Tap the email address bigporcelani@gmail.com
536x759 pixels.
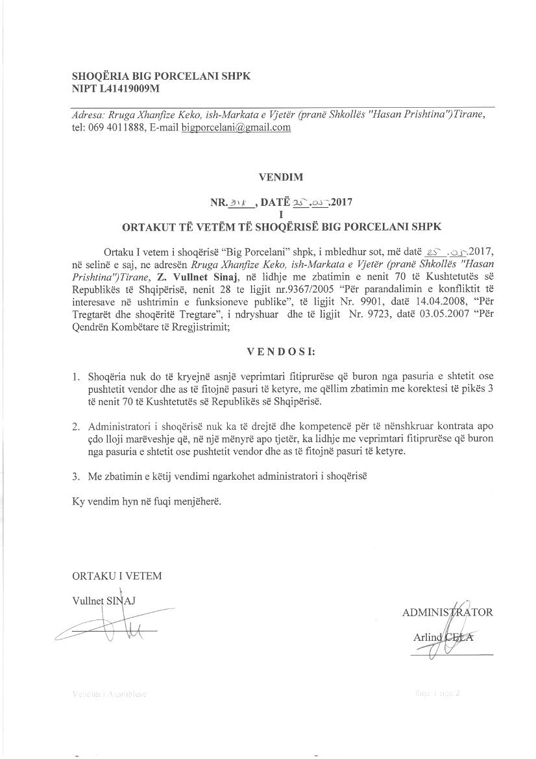(236, 127)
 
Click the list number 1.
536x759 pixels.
(76, 377)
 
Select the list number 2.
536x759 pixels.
(76, 427)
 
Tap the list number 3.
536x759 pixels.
(76, 476)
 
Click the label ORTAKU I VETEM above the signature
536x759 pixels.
(117, 575)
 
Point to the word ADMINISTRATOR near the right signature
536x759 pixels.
(447, 612)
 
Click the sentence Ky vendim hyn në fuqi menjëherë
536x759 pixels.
(142, 502)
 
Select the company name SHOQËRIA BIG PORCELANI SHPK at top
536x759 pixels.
(161, 76)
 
